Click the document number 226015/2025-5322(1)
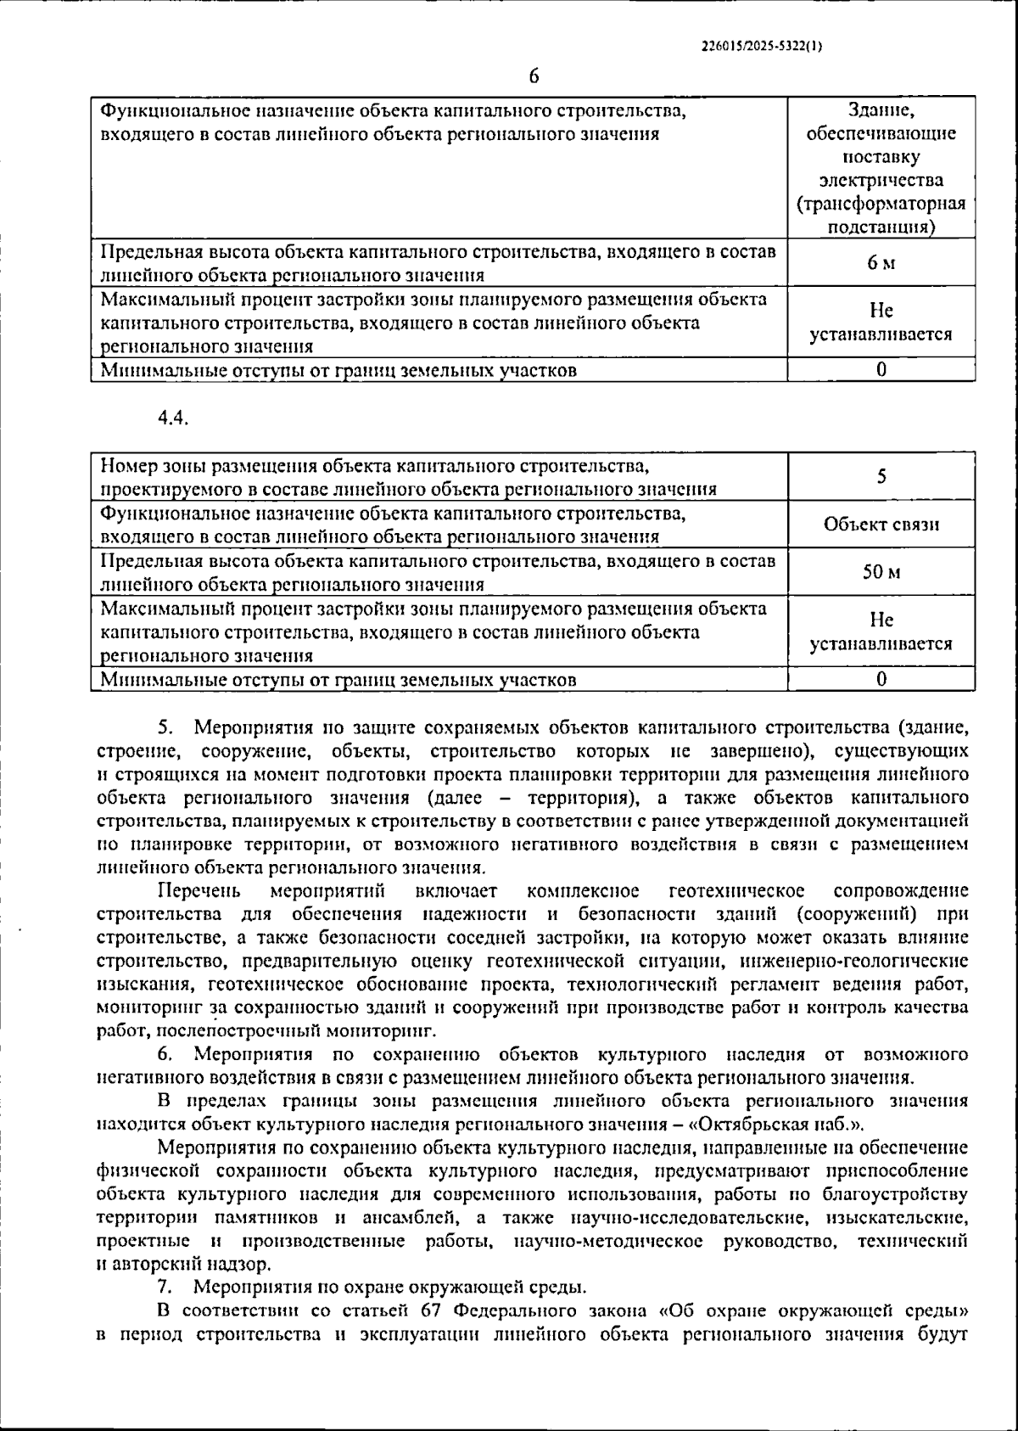[x=762, y=48]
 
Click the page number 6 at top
[x=534, y=76]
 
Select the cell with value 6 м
[x=881, y=263]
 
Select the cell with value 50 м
[x=881, y=572]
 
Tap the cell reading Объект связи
[x=881, y=524]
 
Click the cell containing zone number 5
[x=881, y=476]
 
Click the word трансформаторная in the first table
[x=881, y=204]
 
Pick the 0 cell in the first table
[x=881, y=370]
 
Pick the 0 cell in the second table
[x=881, y=679]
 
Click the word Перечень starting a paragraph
[x=199, y=891]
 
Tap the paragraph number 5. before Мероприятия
[x=165, y=727]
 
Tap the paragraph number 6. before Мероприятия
[x=165, y=1055]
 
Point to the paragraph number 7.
[x=165, y=1285]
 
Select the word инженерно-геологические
[x=853, y=962]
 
